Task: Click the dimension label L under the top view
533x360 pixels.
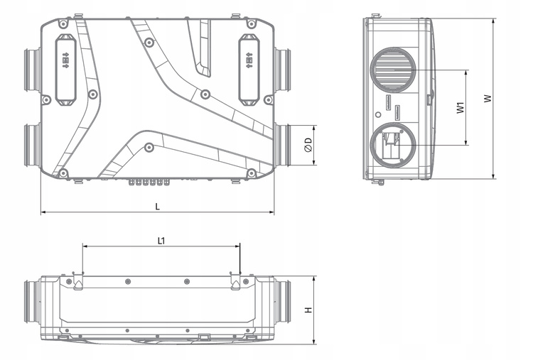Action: pos(158,206)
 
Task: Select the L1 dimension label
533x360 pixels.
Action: pos(161,241)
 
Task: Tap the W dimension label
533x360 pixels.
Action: pos(488,99)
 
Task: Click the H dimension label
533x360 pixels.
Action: pos(308,310)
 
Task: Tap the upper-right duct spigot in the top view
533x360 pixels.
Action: pos(282,70)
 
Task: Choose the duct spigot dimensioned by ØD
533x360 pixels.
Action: pos(282,145)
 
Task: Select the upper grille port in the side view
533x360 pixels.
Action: pos(391,72)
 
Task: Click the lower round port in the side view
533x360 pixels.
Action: pos(391,146)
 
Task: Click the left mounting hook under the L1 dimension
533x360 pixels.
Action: pos(78,283)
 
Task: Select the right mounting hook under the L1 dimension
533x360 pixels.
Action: pos(236,283)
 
